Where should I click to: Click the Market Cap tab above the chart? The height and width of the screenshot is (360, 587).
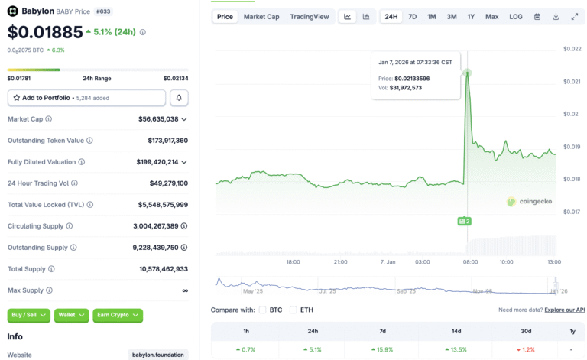pos(261,17)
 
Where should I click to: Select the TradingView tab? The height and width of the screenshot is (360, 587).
pos(310,17)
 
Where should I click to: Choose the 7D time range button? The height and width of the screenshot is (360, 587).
pos(413,17)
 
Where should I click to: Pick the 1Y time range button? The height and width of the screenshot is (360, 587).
pos(472,17)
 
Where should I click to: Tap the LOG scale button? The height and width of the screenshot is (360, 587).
pos(516,17)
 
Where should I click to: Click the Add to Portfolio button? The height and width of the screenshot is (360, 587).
pos(86,98)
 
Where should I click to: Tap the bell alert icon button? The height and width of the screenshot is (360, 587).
pos(179,98)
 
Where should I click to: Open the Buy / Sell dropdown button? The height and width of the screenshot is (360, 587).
pos(29,315)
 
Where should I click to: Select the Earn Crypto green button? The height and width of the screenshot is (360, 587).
pos(118,315)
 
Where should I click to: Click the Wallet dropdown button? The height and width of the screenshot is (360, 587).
pos(72,315)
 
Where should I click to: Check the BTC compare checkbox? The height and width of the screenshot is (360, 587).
pos(263,310)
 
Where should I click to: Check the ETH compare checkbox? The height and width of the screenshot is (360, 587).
pos(293,310)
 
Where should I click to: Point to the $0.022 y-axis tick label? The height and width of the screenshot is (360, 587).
pos(572,49)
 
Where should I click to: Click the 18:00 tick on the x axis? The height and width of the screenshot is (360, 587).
pos(293,262)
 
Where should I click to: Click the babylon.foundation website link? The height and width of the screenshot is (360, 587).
pos(157,355)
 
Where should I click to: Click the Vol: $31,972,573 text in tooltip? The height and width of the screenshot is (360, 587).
pos(400,88)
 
